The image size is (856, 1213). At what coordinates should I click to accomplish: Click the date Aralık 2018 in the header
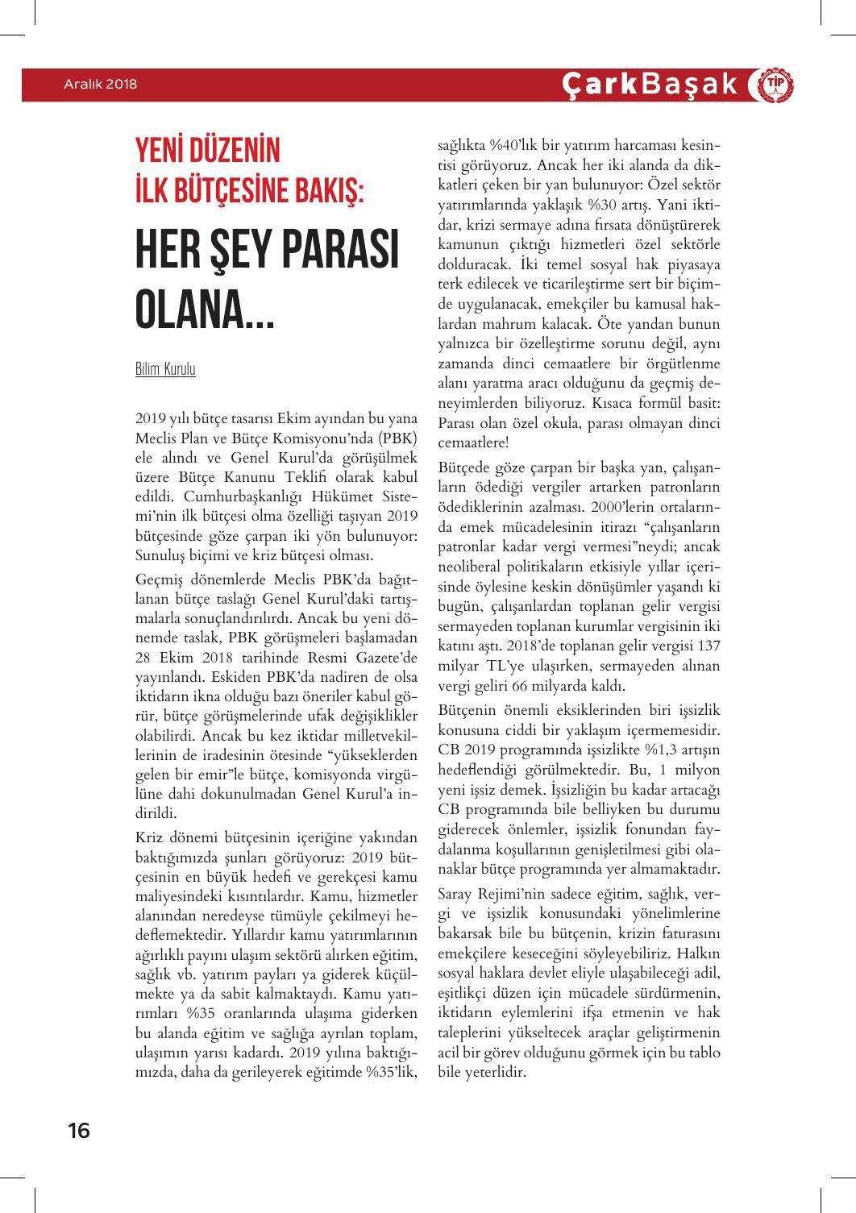click(101, 85)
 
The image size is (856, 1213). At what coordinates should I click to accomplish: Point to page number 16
click(78, 1131)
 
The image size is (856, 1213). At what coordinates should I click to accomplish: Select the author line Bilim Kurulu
click(165, 370)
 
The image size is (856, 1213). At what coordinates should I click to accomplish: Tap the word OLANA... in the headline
click(205, 312)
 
